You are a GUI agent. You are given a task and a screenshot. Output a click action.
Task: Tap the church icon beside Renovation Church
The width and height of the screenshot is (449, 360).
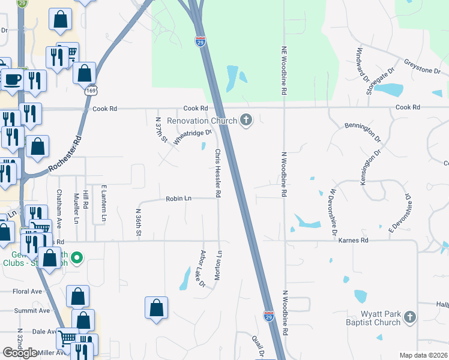click(x=246, y=121)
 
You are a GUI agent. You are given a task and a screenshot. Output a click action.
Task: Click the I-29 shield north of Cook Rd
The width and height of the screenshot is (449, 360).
click(x=200, y=41)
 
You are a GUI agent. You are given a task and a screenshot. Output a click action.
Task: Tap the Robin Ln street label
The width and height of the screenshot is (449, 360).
click(x=178, y=198)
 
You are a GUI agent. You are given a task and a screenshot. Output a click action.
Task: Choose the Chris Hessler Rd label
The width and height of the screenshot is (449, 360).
click(x=218, y=174)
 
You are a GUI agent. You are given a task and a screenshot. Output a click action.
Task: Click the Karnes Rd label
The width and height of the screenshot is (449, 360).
click(x=347, y=240)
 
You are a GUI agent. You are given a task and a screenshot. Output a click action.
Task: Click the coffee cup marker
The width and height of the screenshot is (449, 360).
click(x=12, y=79)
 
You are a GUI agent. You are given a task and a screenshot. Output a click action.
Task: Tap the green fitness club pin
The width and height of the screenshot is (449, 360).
click(x=76, y=259)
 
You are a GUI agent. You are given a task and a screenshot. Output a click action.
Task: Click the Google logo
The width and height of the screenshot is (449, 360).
click(x=20, y=353)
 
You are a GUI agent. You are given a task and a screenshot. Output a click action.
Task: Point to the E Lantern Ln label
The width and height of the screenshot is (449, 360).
click(x=103, y=204)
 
